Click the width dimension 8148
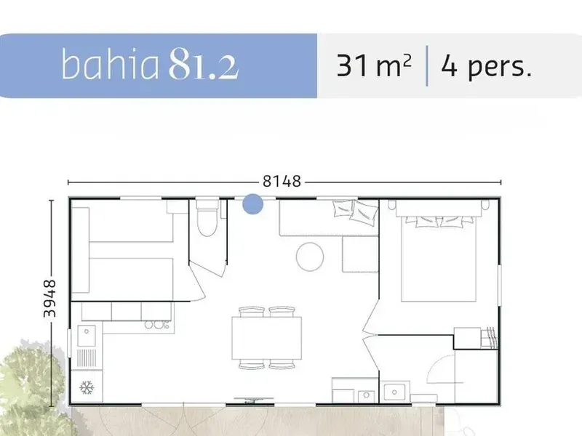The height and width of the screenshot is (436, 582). [x=282, y=181]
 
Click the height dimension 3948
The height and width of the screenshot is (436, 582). [x=49, y=299]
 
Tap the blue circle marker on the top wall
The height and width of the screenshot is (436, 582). [x=252, y=204]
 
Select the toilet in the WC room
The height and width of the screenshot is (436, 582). [x=207, y=217]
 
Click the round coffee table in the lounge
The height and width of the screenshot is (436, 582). [x=310, y=257]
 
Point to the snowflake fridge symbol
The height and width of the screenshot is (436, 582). [x=87, y=388]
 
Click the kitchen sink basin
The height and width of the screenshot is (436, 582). [x=87, y=336]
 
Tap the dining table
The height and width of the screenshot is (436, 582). [x=266, y=338]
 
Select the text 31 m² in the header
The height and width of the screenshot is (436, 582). [x=374, y=65]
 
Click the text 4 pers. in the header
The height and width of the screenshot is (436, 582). [x=487, y=67]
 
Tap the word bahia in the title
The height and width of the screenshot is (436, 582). [x=110, y=64]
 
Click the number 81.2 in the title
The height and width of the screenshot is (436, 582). [x=204, y=64]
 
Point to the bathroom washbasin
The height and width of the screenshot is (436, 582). [x=394, y=392]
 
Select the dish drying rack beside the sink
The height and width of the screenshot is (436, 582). [x=87, y=358]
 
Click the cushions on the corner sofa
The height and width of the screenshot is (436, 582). [x=355, y=210]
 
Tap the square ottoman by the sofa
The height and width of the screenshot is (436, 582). [x=360, y=254]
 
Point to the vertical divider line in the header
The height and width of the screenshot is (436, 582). [x=427, y=65]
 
